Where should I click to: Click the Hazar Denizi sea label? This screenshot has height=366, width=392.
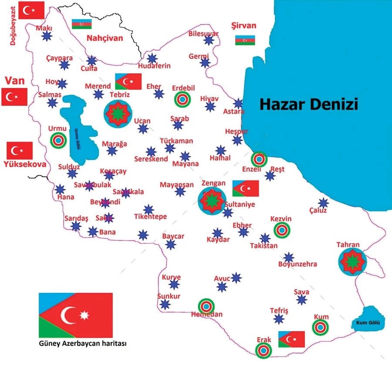coord(309,105)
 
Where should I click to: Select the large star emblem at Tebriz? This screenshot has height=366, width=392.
coord(118,113)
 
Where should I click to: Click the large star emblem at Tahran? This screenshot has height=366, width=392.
coord(352,261)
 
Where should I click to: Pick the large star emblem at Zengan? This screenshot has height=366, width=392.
coord(212,200)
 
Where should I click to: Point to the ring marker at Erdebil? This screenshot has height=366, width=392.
coord(182,100)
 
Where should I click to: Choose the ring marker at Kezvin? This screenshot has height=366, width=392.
coord(281,230)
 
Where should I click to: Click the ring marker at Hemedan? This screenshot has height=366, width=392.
coord(206,306)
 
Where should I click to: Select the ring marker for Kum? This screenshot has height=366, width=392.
coord(320,327)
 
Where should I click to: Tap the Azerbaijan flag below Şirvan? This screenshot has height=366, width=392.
coord(245,40)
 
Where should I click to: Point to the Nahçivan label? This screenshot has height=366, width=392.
coord(105,38)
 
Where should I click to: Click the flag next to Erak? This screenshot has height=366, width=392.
coord(291,339)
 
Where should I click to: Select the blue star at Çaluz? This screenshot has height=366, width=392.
coord(323,203)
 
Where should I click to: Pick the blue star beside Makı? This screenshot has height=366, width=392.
coord(47,36)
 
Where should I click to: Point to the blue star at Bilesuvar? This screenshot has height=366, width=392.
coord(209,40)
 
